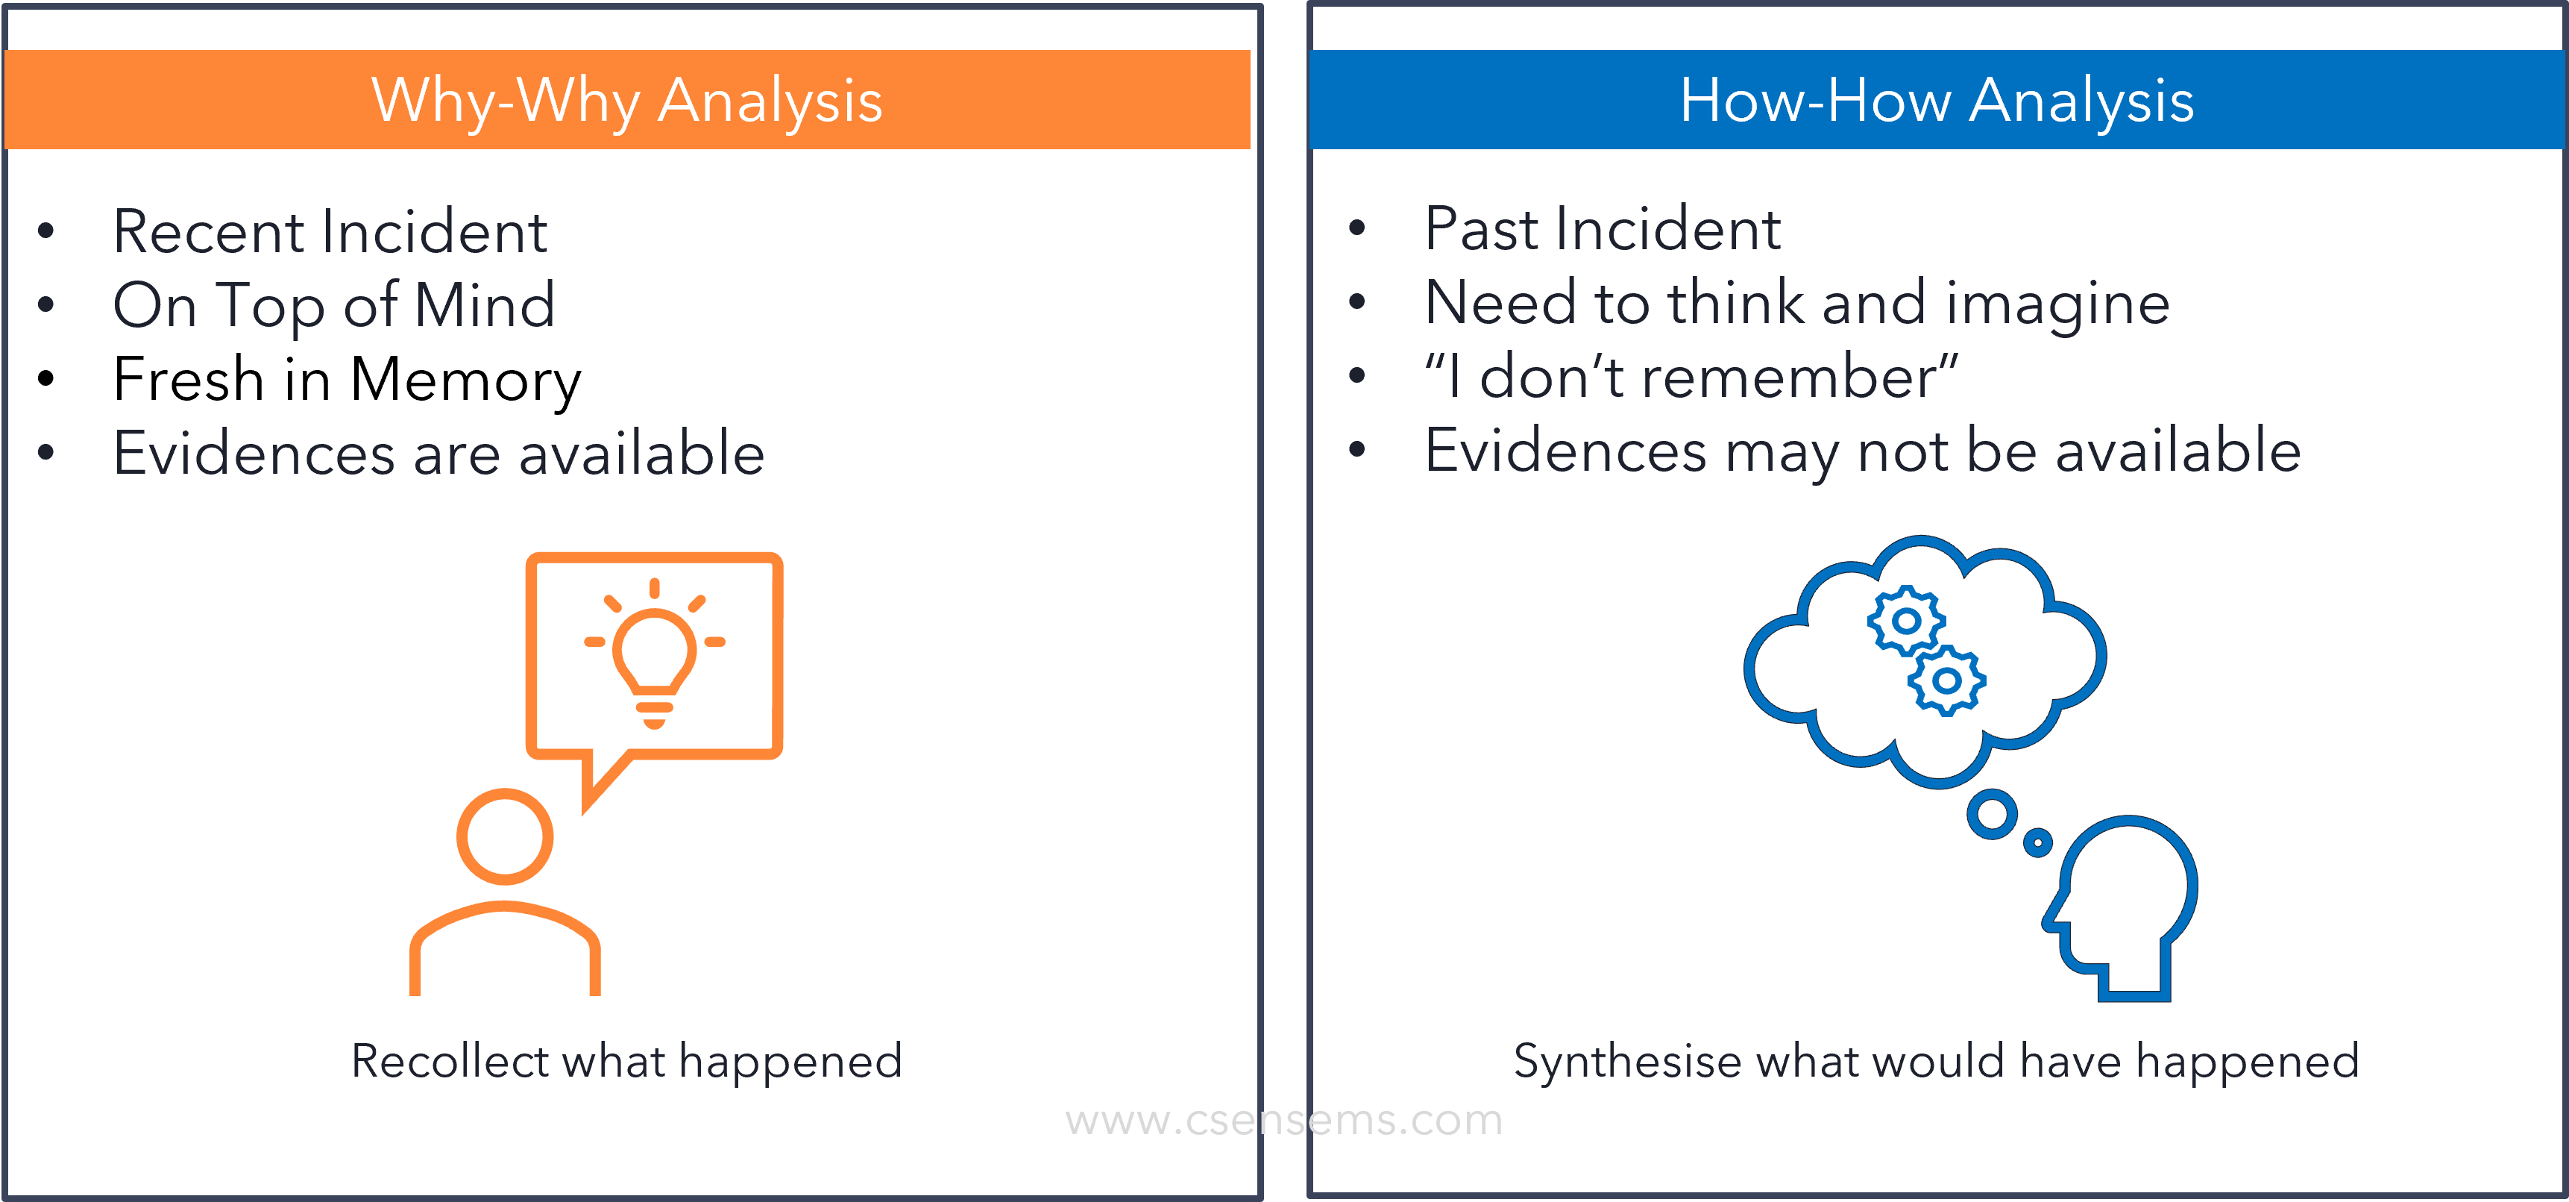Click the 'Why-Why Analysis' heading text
[626, 101]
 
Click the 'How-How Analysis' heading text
[1937, 101]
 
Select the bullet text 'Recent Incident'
[330, 231]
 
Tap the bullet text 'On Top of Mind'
[334, 305]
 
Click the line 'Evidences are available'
[438, 453]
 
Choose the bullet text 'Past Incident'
[1603, 228]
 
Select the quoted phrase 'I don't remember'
[1691, 376]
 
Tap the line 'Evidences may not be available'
[1863, 451]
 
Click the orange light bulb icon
[654, 654]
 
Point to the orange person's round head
[505, 837]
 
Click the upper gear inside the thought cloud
[1906, 621]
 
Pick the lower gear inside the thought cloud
[1946, 681]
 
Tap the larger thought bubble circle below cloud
[1993, 815]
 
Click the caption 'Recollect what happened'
[626, 1060]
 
